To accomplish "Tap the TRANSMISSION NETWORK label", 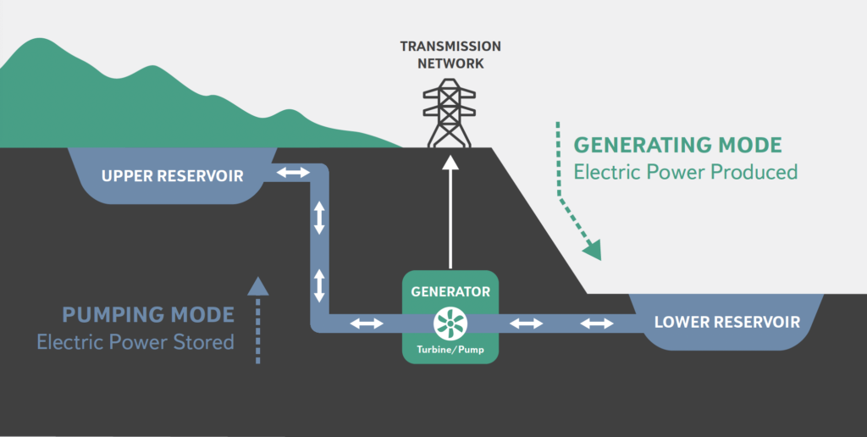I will [x=450, y=54].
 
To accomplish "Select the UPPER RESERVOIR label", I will [x=172, y=176].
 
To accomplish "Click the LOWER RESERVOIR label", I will [x=727, y=322].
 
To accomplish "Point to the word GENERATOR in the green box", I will [x=450, y=291].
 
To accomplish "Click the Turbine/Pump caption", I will [x=450, y=349].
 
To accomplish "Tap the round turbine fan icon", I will [x=450, y=323].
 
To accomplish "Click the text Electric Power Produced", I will [x=686, y=172].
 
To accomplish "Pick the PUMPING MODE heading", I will [x=148, y=315].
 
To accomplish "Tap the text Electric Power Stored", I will [x=135, y=342].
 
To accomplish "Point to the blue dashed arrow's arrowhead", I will [x=258, y=285].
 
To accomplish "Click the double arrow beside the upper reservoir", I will [x=294, y=173].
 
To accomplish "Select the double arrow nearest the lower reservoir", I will [x=597, y=323].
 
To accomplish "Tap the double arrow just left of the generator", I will [x=367, y=323].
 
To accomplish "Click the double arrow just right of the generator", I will [x=526, y=323].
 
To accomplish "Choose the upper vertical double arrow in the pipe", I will [x=319, y=218].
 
